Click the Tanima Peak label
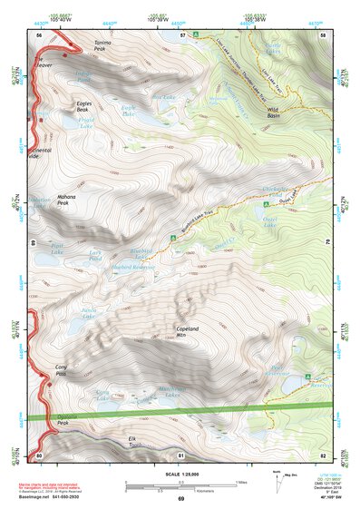pyautogui.click(x=102, y=48)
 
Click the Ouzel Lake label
pyautogui.click(x=269, y=221)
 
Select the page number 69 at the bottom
pyautogui.click(x=180, y=499)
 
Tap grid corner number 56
pyautogui.click(x=39, y=34)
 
